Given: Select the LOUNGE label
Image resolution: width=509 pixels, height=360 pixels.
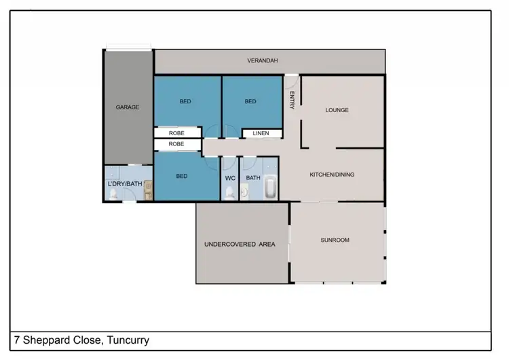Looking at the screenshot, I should coord(337,110).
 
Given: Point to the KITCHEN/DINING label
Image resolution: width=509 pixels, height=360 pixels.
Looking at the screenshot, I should coord(332,175).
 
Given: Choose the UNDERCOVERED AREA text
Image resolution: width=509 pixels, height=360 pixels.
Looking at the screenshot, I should coord(240,244).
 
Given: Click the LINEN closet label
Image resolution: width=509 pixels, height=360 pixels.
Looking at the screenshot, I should coord(261,133).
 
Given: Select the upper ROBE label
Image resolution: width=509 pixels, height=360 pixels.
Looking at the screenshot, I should coord(176,133).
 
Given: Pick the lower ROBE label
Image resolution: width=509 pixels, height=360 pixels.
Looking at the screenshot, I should coord(176,144).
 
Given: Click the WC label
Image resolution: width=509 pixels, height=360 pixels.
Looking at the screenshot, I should coord(229,178).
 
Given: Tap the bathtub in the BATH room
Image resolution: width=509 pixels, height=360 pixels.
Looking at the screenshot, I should coord(270,188).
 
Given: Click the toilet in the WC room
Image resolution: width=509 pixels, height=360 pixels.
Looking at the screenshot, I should coord(229,194).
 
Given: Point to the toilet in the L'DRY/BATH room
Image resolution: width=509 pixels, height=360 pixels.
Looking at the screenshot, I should coord(113,195).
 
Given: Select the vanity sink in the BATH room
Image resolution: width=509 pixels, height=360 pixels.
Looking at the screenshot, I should coord(245,193).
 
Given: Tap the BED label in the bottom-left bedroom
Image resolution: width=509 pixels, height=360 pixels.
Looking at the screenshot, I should coord(182,176).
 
